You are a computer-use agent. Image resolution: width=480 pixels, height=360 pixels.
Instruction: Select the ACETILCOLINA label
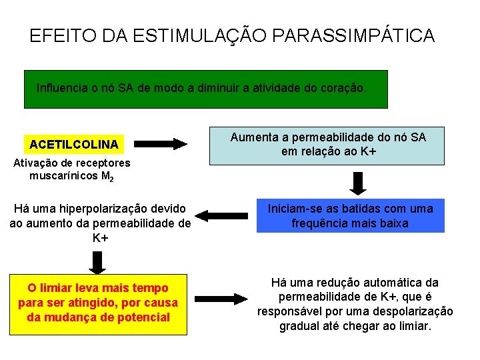[73, 144]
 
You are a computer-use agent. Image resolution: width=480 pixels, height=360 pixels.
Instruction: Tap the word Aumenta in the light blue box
[252, 137]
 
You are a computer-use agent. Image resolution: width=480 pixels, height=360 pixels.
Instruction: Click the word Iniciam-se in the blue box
[294, 209]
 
